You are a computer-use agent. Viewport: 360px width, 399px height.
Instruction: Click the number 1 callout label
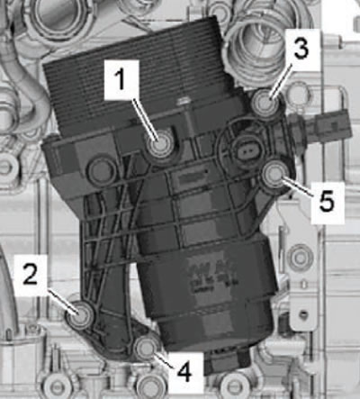pos(121,79)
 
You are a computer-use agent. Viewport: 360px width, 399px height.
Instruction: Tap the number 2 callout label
pos(31,274)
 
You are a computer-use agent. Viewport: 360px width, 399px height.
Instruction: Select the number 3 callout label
pos(301,48)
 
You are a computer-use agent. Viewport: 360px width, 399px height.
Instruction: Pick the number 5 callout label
pos(327,202)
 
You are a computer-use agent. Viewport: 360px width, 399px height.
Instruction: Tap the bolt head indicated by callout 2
pos(80,315)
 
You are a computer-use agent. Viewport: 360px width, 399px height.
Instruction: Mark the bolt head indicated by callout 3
pos(266,101)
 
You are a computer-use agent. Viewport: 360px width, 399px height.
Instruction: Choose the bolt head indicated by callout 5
pos(274,174)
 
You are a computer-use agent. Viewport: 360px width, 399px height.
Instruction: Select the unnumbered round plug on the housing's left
pos(101,170)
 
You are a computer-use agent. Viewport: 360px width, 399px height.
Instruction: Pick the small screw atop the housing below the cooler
pos(184,101)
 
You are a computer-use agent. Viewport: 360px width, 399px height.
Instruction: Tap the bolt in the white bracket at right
pos(300,258)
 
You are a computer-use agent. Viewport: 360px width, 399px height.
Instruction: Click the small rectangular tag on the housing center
pos(188,180)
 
